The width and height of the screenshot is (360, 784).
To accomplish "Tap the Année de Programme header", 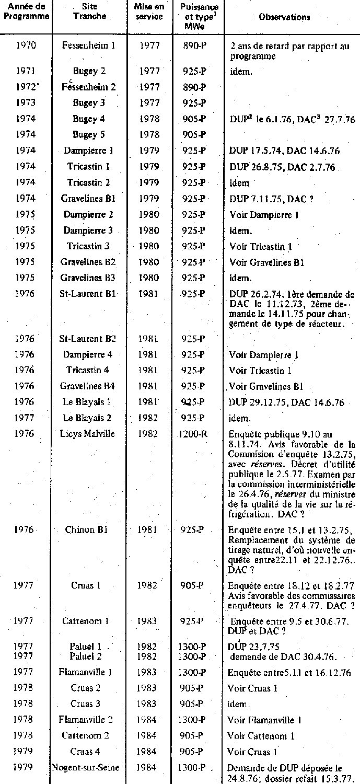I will tap(25, 11).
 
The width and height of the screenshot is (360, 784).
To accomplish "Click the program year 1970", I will tap(25, 45).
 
